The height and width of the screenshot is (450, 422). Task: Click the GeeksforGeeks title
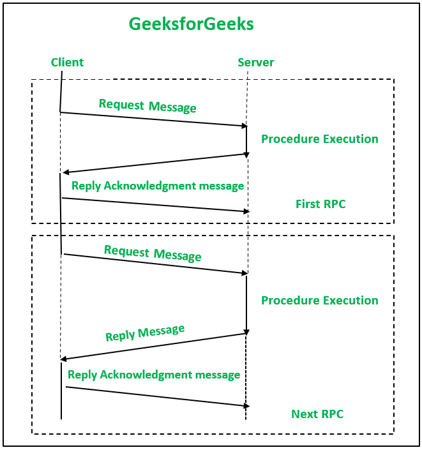pos(192,24)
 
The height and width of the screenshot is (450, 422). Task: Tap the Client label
pos(67,62)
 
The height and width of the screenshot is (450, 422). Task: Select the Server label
pos(255,62)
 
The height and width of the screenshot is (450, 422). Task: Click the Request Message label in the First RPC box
pos(147,105)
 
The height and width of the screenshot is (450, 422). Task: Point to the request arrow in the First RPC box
pos(153,119)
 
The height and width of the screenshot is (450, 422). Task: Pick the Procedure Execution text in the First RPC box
pos(319,139)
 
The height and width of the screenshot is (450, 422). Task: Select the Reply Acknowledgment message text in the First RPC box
pos(158,186)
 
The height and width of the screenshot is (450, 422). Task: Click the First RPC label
pos(320,204)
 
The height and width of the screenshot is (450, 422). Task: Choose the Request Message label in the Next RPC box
pos(153,253)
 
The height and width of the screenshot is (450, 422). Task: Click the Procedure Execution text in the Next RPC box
pos(319,301)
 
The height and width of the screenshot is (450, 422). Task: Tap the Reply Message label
pos(145,333)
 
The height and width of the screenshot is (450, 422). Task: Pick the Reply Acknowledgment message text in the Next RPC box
pos(154,375)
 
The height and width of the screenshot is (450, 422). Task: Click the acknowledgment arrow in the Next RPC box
pos(157,396)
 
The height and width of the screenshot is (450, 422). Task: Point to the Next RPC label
pos(317,414)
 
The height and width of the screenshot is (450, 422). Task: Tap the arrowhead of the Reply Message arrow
pos(64,359)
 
